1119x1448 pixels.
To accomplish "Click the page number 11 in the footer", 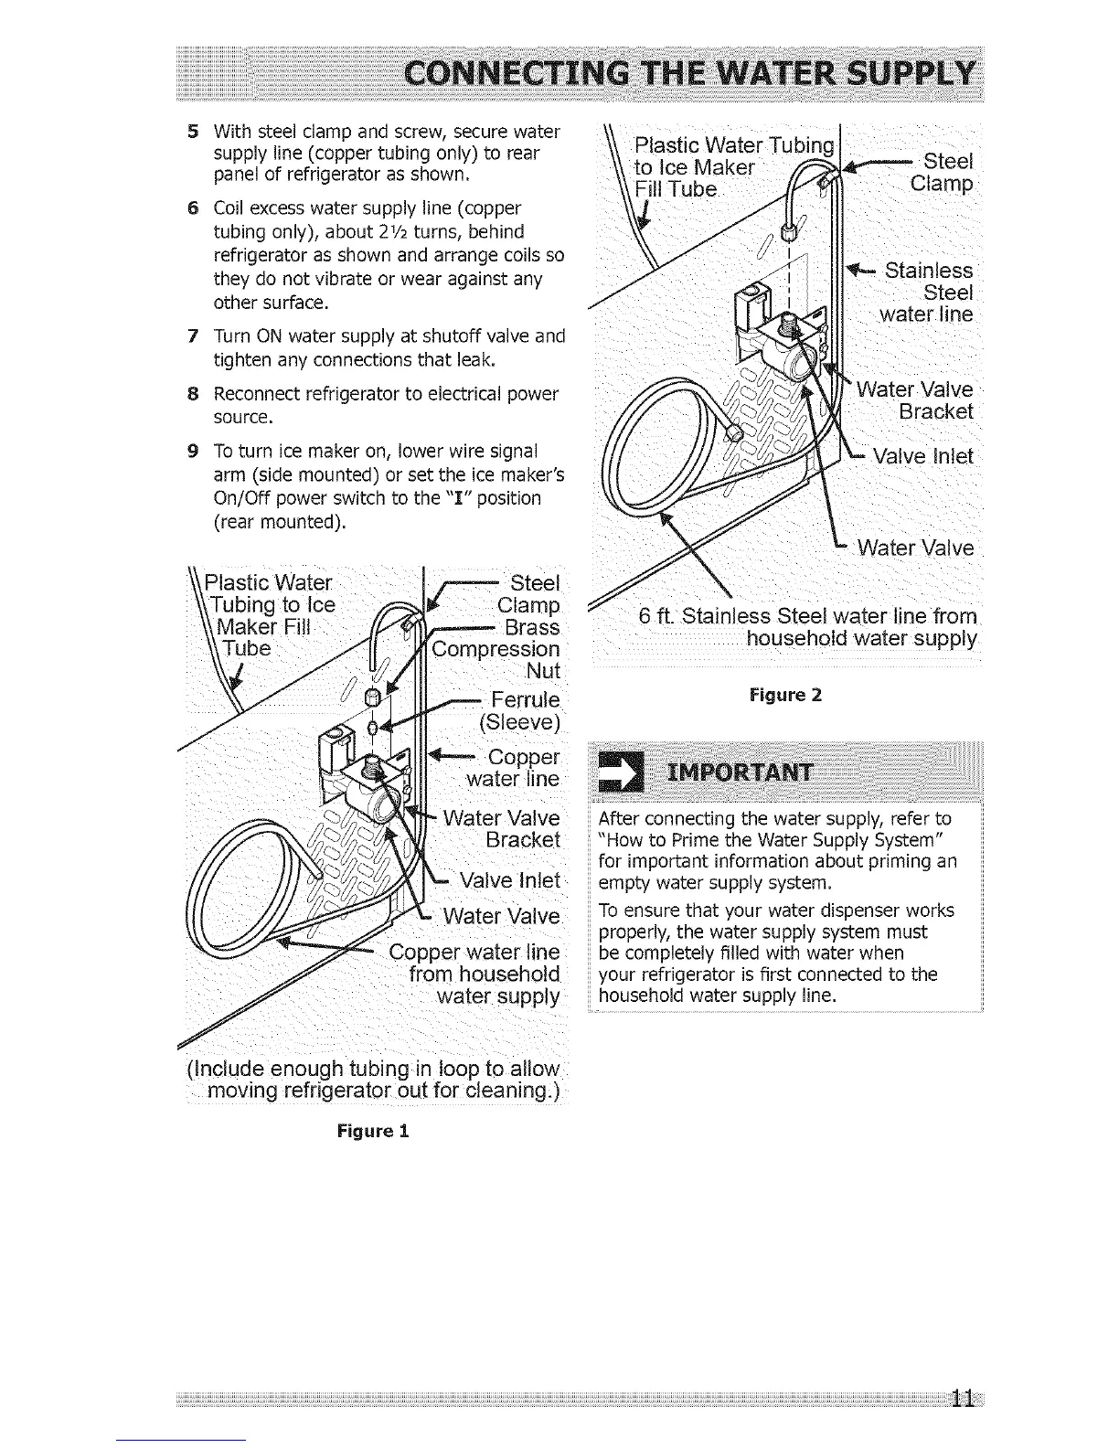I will (961, 1400).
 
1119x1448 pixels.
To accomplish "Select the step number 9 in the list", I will (192, 452).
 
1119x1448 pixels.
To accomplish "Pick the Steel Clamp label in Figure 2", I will (942, 172).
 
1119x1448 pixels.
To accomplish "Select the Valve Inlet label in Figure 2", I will (922, 456).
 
